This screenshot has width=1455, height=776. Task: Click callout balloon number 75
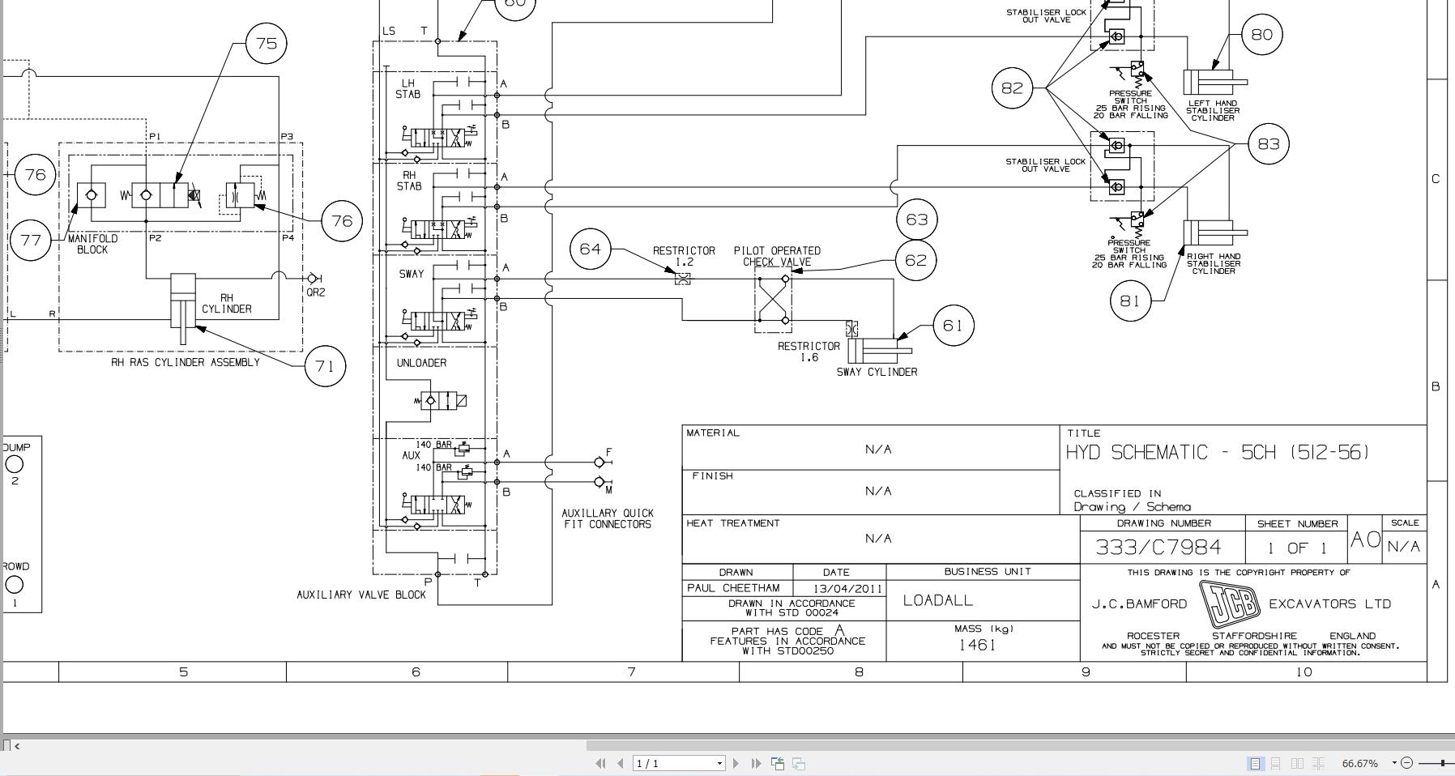pyautogui.click(x=267, y=43)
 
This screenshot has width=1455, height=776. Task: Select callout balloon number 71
pyautogui.click(x=325, y=366)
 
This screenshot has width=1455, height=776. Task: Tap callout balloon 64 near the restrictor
pyautogui.click(x=591, y=249)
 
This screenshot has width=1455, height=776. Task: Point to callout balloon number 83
pyautogui.click(x=1268, y=144)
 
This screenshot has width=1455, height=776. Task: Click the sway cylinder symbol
pyautogui.click(x=877, y=351)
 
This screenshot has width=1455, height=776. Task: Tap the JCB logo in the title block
pyautogui.click(x=1229, y=604)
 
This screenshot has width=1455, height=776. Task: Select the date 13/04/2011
pyautogui.click(x=841, y=589)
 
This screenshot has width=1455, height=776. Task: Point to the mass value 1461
pyautogui.click(x=977, y=645)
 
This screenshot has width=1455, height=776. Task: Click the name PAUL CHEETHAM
pyautogui.click(x=733, y=588)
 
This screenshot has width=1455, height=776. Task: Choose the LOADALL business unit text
pyautogui.click(x=938, y=600)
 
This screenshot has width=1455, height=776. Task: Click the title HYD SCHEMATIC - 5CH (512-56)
pyautogui.click(x=1218, y=453)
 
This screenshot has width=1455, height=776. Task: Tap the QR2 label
pyautogui.click(x=315, y=292)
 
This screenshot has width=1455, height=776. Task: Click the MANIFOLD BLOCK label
pyautogui.click(x=92, y=244)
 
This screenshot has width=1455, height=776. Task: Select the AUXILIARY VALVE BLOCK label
pyautogui.click(x=361, y=595)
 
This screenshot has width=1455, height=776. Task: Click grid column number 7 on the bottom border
pyautogui.click(x=631, y=672)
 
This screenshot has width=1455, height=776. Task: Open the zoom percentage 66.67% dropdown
pyautogui.click(x=1394, y=762)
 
